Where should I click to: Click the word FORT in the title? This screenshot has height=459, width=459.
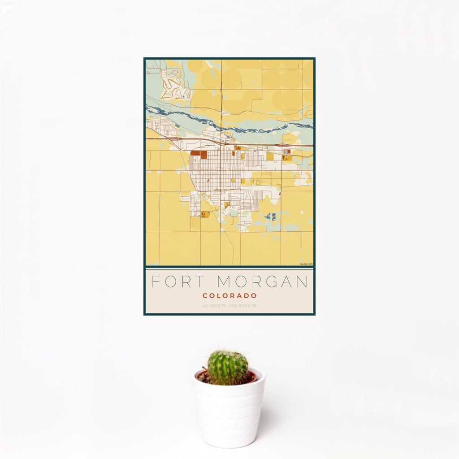click(x=176, y=282)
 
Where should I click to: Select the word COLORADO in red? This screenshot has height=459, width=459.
click(x=229, y=296)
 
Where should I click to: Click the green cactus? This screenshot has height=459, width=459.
click(x=227, y=368)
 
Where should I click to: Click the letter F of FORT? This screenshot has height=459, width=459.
click(x=155, y=282)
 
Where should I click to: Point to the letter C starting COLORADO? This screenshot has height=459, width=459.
click(x=204, y=296)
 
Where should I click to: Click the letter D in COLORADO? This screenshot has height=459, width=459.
click(x=247, y=296)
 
